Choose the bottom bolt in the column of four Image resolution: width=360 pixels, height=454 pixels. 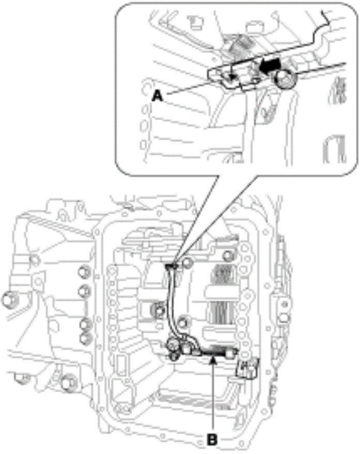(x=84, y=338)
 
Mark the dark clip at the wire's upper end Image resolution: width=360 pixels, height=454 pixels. (x=172, y=266)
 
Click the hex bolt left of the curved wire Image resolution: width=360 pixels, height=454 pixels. (x=154, y=310)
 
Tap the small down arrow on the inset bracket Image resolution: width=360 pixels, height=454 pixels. (x=231, y=76)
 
